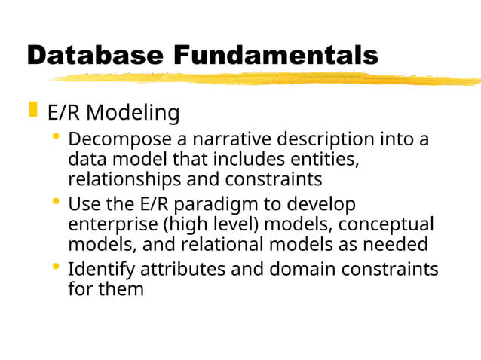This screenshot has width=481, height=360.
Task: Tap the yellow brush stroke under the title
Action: pos(264,79)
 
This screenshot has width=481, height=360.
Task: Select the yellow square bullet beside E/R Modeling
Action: pos(32,111)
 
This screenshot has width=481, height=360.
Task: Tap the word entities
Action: pos(317,160)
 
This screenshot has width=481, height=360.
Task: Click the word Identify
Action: pos(100,269)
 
